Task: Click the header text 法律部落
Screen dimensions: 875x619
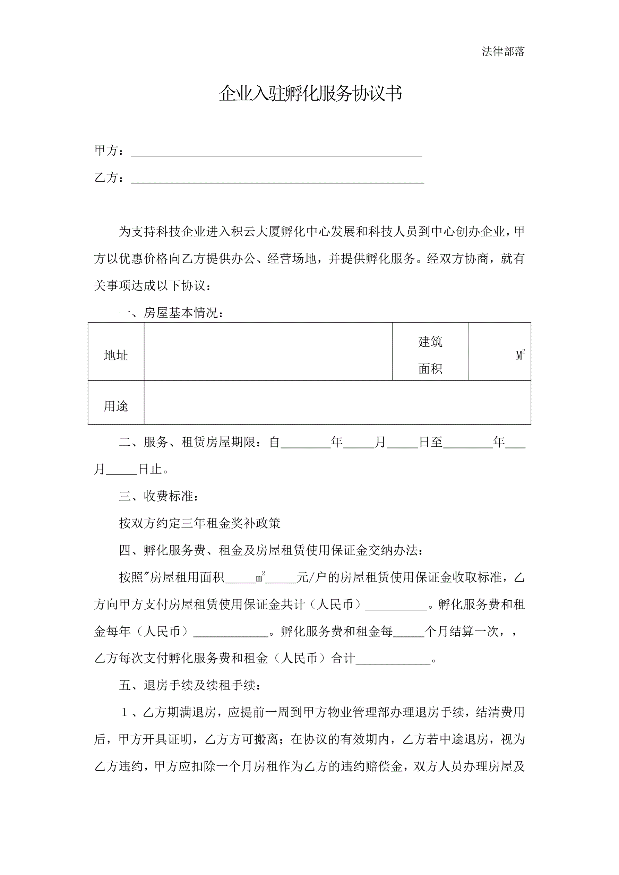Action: tap(503, 51)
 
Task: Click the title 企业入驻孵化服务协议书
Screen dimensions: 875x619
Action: tap(310, 93)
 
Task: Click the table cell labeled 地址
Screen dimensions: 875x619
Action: tap(116, 355)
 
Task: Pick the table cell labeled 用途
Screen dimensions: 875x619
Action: tap(116, 406)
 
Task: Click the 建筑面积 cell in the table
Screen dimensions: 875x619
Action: tap(430, 355)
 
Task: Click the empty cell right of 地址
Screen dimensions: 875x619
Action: tap(268, 351)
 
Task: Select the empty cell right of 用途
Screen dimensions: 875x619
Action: tap(337, 402)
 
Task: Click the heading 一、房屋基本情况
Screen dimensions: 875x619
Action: tap(171, 313)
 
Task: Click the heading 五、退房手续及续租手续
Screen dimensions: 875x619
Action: tap(190, 685)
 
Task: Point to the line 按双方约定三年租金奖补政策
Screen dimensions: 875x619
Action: tap(199, 523)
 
